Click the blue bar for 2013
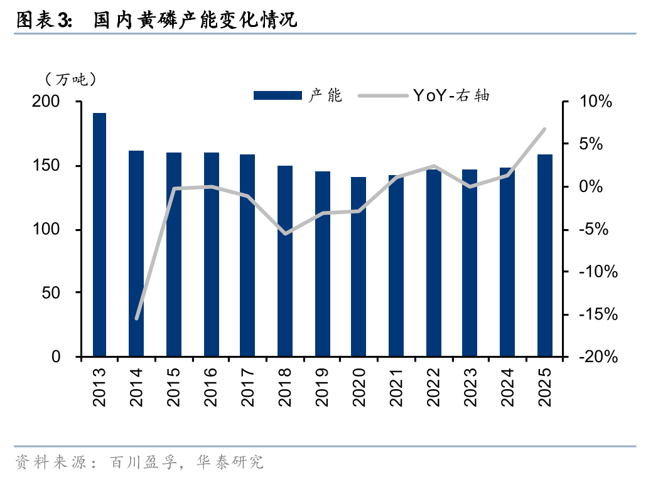(99, 235)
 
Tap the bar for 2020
(359, 267)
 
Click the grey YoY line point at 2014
(136, 318)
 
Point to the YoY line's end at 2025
(544, 129)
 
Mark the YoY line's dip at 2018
(285, 233)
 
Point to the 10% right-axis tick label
(596, 102)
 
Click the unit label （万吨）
(70, 79)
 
